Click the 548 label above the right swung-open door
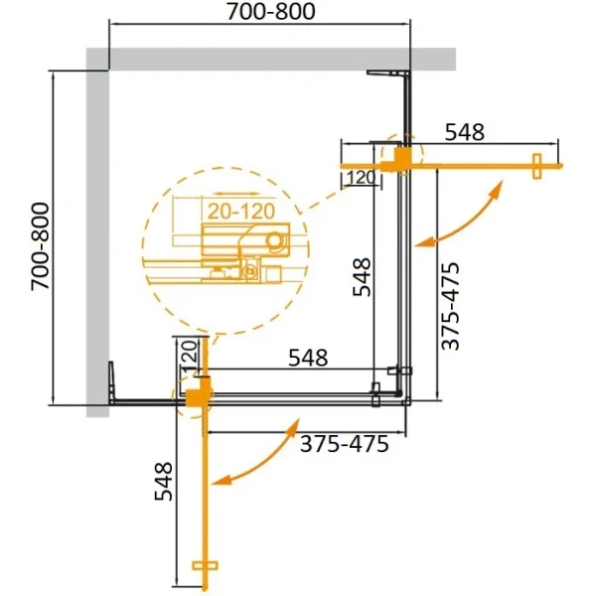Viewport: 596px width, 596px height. click(x=464, y=130)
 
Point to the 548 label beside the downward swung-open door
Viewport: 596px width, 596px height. click(x=165, y=482)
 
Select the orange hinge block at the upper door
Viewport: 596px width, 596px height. click(x=396, y=158)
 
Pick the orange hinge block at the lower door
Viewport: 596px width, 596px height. click(x=198, y=394)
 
